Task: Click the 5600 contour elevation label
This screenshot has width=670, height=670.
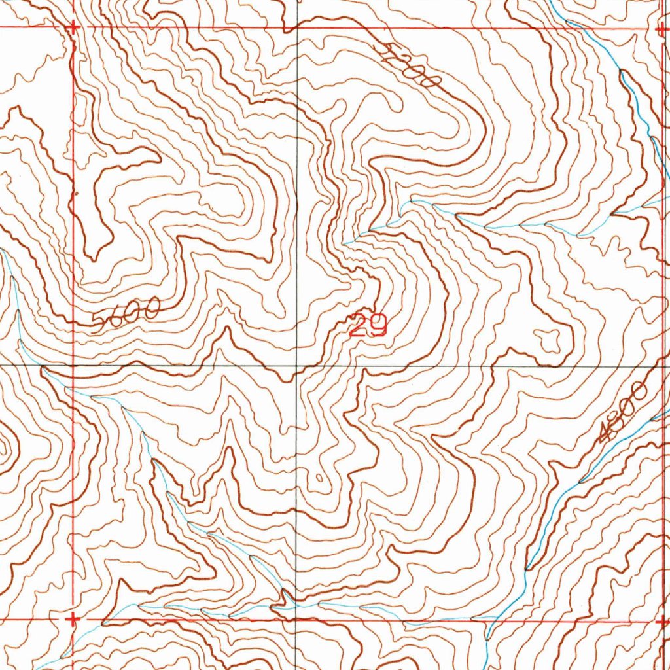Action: point(126,315)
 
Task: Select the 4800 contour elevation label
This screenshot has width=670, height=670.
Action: point(623,413)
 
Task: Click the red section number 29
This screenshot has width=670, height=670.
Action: point(368,325)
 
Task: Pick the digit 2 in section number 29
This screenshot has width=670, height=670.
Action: point(358,325)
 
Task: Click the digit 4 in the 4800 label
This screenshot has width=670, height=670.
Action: point(606,434)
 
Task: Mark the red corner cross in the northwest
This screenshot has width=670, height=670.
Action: point(73,27)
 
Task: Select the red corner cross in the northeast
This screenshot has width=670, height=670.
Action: point(661,29)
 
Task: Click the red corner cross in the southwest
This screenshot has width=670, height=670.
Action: point(73,618)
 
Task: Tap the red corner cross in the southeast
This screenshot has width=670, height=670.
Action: point(661,618)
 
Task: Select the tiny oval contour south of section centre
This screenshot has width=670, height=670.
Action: point(318,481)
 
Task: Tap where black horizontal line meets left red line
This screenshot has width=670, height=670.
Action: point(73,365)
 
